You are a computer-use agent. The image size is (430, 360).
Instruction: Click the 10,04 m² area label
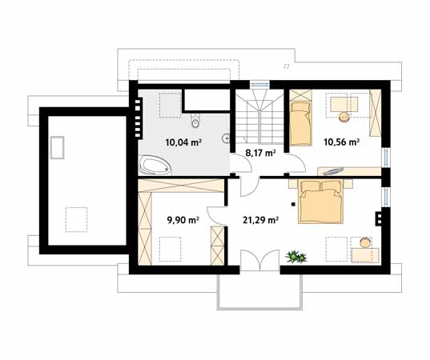[183, 142]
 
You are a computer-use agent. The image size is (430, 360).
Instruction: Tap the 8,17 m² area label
[260, 153]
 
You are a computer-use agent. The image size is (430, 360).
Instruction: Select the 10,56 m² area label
[341, 142]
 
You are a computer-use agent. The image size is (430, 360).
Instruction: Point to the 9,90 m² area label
[183, 220]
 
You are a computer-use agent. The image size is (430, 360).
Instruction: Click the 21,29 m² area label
[261, 220]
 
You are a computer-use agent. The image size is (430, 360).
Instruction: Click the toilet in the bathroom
[195, 121]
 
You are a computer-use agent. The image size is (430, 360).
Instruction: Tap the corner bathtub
[155, 165]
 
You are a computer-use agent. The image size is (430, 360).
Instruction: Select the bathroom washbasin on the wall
[226, 138]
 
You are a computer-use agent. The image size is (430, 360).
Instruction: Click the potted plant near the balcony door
[295, 257]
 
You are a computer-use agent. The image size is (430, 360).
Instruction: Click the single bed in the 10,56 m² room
[301, 123]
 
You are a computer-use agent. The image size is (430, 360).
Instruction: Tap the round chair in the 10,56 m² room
[344, 117]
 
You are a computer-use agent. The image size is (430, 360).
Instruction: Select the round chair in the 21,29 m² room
[365, 242]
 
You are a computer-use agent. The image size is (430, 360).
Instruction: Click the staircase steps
[259, 118]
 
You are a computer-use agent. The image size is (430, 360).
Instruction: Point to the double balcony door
[260, 260]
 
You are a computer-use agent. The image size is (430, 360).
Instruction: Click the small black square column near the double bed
[293, 204]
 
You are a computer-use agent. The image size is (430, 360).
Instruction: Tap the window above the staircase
[259, 84]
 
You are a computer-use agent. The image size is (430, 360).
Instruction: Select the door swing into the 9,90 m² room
[217, 216]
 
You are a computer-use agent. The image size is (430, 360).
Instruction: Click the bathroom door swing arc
[241, 163]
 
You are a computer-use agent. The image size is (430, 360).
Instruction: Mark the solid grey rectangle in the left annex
[57, 147]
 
